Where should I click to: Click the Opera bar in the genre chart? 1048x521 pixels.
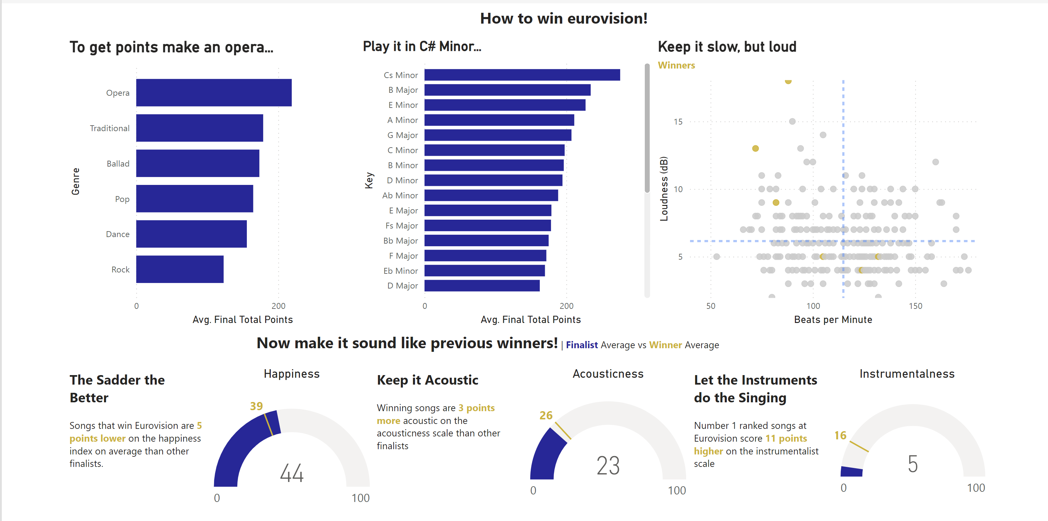[x=214, y=93]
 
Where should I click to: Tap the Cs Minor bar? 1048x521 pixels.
[x=522, y=75]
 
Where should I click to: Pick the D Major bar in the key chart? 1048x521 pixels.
[x=482, y=286]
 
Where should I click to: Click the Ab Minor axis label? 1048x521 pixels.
[x=400, y=195]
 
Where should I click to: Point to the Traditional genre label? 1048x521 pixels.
[x=109, y=128]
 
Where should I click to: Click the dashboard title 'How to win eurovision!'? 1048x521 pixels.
[x=564, y=19]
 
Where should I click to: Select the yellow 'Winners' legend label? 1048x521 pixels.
[x=676, y=65]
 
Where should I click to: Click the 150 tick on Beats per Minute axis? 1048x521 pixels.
[x=915, y=306]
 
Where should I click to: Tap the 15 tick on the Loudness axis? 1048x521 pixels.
[x=678, y=122]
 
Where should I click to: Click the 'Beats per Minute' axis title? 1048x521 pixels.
[x=833, y=320]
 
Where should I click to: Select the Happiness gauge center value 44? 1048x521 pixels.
[x=292, y=473]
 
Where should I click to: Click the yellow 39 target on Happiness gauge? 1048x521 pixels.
[x=256, y=406]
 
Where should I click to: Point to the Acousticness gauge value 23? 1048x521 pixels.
[x=608, y=466]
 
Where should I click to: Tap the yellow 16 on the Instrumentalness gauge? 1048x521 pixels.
[x=840, y=435]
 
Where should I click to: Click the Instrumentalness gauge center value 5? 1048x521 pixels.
[x=913, y=464]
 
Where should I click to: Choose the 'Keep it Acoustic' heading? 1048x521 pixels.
[x=427, y=380]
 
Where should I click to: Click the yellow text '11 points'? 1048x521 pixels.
[x=786, y=438]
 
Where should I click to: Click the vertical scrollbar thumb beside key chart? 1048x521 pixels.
[x=647, y=128]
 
